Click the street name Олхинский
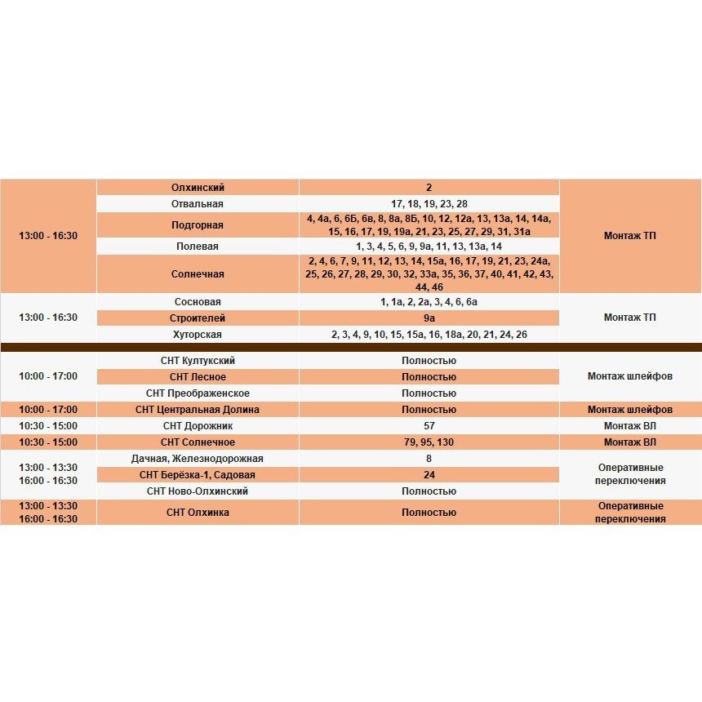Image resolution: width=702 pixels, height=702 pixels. tap(198, 188)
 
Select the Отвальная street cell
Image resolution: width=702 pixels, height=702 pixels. tap(198, 204)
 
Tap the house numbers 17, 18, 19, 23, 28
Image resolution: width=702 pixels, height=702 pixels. tap(429, 204)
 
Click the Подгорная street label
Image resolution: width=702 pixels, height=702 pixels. tap(198, 225)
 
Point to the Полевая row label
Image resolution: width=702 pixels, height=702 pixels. tap(198, 247)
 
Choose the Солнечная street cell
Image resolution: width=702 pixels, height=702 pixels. tap(198, 274)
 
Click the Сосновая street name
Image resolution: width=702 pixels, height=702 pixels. tap(198, 302)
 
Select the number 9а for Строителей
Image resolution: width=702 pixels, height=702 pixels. tap(429, 318)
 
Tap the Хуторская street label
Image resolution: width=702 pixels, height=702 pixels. tap(198, 335)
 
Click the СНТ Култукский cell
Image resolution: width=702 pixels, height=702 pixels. tap(198, 361)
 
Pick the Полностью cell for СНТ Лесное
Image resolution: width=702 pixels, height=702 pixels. tap(429, 377)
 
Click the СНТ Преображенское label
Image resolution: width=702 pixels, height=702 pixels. tap(198, 393)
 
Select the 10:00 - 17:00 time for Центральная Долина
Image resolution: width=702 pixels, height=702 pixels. tap(48, 410)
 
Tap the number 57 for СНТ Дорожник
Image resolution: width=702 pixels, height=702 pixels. tap(429, 426)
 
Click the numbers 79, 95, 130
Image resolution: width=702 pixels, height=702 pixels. tap(429, 442)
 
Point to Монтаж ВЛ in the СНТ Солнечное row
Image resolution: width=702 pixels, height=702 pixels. tap(629, 442)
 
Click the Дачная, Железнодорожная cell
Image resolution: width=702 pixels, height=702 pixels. tap(198, 459)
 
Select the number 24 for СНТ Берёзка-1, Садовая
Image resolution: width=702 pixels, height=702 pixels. tap(429, 475)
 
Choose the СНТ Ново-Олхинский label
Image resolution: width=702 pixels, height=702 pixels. tap(198, 491)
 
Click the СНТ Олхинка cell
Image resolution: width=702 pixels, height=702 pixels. tap(198, 513)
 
